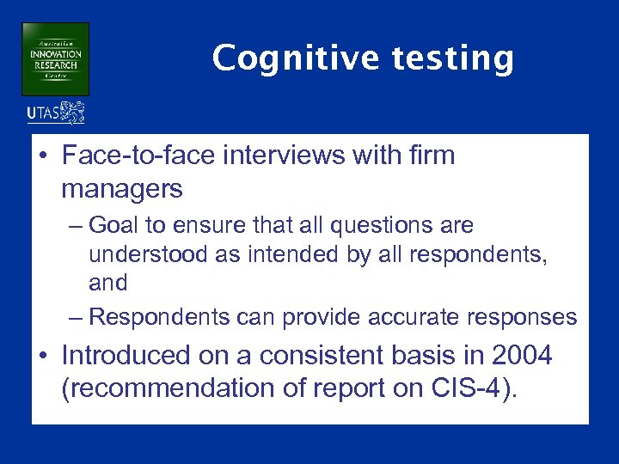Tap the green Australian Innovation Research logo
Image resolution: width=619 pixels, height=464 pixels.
(x=55, y=58)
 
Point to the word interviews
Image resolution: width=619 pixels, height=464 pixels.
(x=283, y=156)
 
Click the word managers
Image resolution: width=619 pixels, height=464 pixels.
(x=122, y=188)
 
